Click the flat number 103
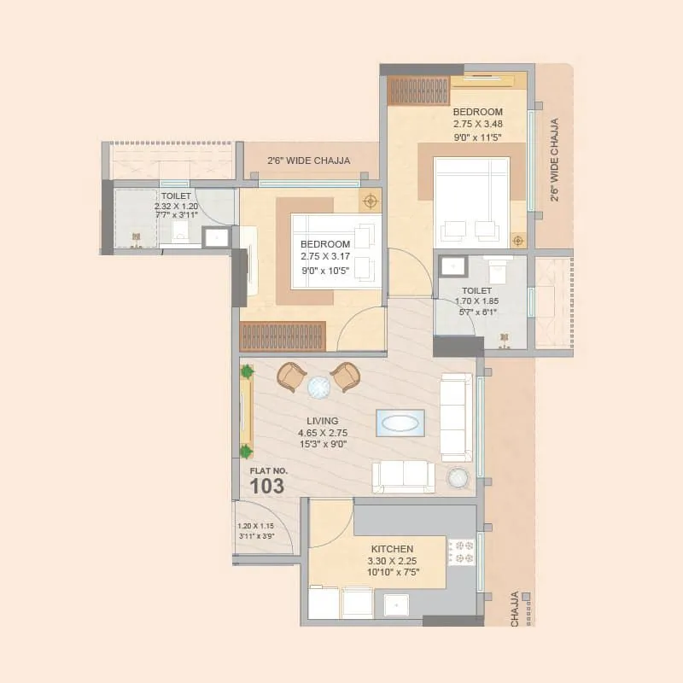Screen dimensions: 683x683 point(266,486)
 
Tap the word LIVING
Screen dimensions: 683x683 point(323,421)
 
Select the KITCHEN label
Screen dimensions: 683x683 point(393,549)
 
